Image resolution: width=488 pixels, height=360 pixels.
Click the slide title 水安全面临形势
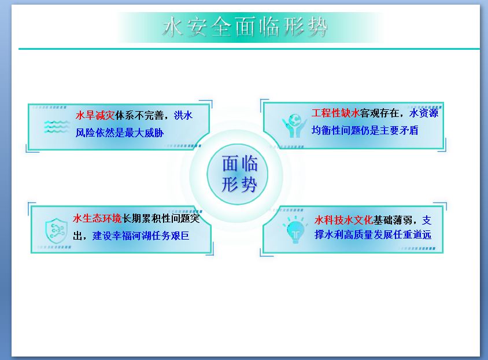[245, 27]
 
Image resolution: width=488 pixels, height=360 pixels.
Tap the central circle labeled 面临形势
[237, 174]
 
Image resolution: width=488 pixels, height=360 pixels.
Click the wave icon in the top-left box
[56, 127]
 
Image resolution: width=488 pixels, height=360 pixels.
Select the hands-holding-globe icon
[294, 126]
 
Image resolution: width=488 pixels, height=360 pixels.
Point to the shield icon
[56, 230]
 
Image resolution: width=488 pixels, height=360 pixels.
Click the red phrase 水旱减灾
[95, 116]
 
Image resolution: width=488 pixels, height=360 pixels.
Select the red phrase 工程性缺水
[336, 113]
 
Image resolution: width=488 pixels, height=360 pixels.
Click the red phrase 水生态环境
[97, 218]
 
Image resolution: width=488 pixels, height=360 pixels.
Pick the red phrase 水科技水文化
[343, 220]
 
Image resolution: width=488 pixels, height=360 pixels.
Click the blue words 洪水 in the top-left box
[183, 116]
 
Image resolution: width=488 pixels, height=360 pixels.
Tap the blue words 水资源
[424, 113]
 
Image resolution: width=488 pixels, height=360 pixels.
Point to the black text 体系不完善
[139, 116]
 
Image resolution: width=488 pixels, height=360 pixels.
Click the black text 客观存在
[379, 113]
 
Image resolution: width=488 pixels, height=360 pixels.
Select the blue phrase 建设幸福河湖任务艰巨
[141, 236]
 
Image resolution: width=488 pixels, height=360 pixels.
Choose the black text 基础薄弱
[393, 220]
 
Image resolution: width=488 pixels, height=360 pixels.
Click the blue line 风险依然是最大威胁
[120, 133]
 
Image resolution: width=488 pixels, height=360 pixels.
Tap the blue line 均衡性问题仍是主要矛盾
[365, 130]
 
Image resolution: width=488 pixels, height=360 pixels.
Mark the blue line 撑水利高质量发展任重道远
[373, 234]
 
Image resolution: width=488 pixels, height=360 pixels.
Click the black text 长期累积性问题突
[161, 218]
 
